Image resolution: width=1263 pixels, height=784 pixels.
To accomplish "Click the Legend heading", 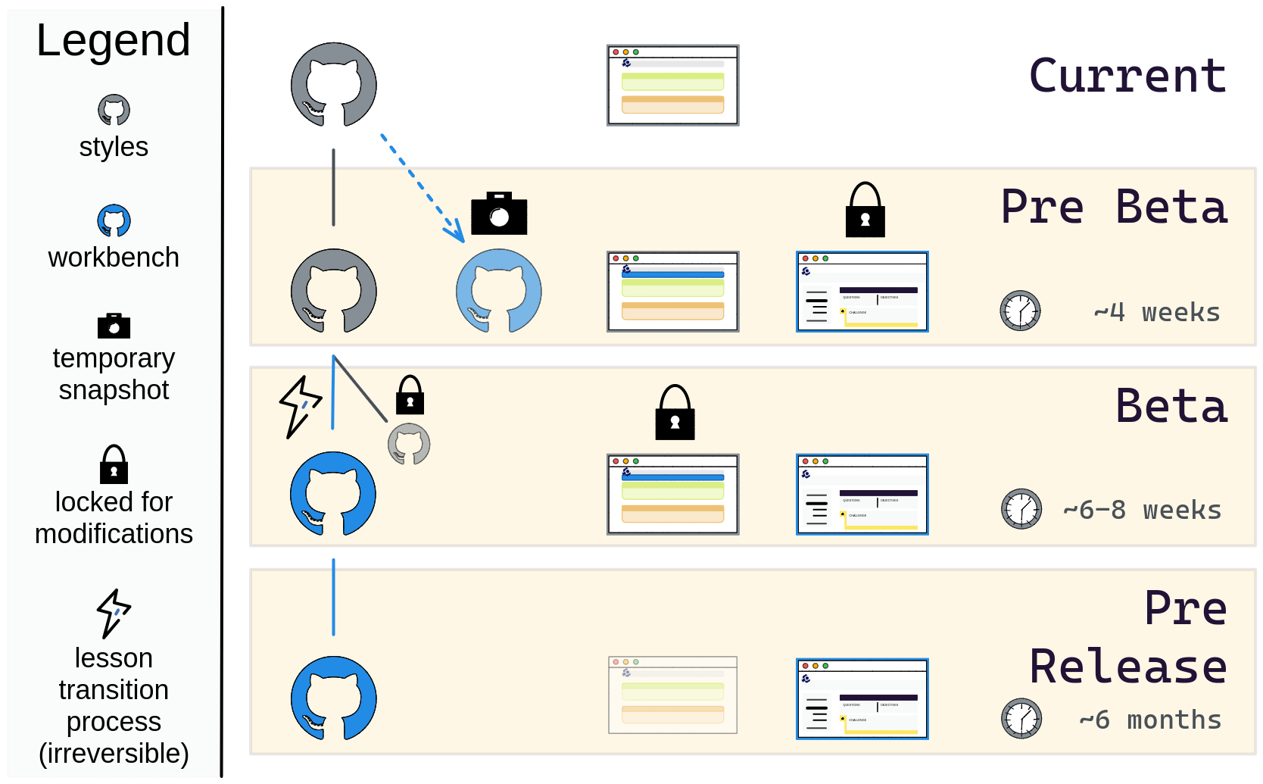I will (x=114, y=41).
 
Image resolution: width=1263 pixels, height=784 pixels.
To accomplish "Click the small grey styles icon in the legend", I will (x=114, y=111).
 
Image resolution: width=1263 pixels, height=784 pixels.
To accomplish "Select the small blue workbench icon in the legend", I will (x=114, y=221).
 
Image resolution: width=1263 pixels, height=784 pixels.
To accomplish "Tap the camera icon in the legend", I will (x=114, y=326).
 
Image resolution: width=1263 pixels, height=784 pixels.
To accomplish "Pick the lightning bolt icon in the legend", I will (x=114, y=613).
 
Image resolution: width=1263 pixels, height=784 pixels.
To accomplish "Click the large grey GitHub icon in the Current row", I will (x=334, y=85).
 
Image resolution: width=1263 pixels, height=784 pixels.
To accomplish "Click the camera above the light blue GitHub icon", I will (x=499, y=214).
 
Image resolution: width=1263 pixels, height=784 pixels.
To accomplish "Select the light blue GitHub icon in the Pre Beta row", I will (x=499, y=292).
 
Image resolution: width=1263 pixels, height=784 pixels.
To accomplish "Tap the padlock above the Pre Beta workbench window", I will (x=865, y=211).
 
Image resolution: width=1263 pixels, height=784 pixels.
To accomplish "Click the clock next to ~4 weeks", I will (x=1020, y=311).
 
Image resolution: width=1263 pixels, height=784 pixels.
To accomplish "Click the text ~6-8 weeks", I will (x=1142, y=511).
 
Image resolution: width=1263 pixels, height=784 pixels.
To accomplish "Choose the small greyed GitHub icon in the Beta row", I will (x=409, y=444).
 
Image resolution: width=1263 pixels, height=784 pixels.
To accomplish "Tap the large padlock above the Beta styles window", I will (x=675, y=414).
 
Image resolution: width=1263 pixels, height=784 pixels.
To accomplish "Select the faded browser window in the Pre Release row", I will (x=672, y=695).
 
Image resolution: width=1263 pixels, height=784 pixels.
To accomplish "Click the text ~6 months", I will (x=1149, y=720).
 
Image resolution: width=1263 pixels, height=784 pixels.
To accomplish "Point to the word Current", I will (x=1127, y=77).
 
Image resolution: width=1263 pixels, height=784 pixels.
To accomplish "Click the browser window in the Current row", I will (x=672, y=86).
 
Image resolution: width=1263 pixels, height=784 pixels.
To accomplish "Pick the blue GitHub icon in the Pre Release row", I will (x=334, y=698).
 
